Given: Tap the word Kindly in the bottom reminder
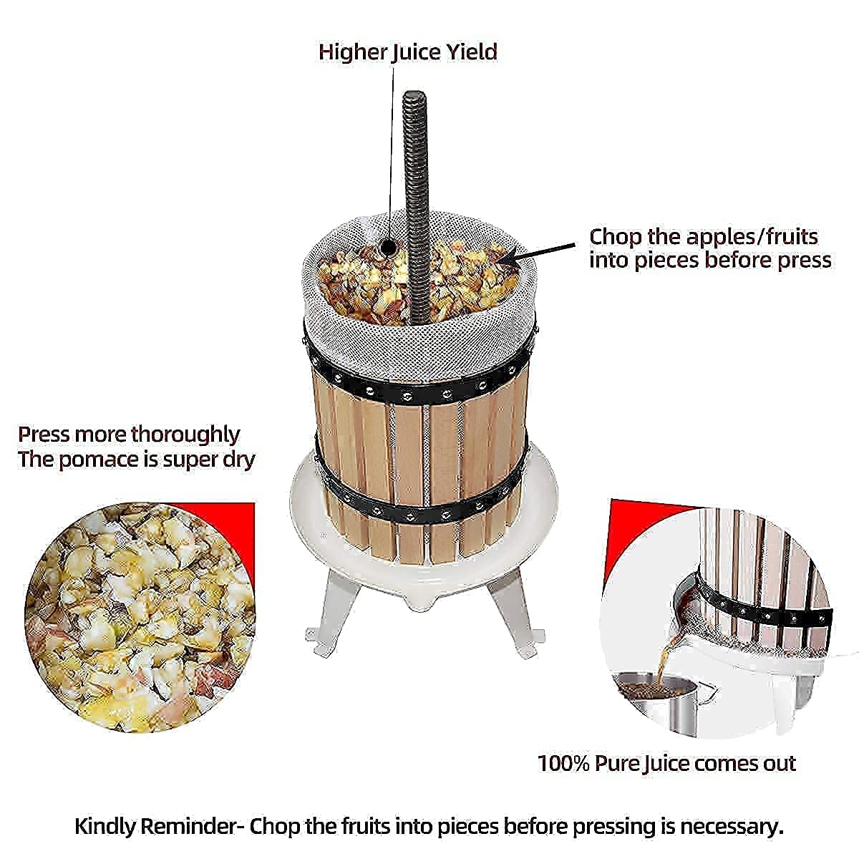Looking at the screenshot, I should tap(107, 827).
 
